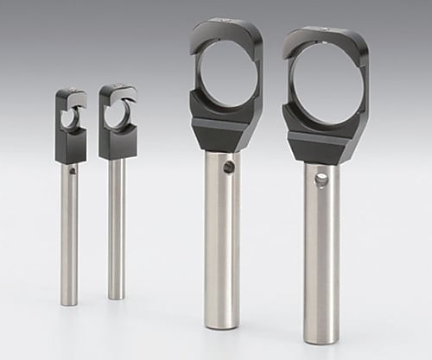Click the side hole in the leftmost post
[x=73, y=171]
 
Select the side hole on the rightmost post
[x=321, y=180]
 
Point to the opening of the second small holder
[x=116, y=115]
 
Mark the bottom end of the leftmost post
[x=69, y=302]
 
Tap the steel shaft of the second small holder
[x=116, y=224]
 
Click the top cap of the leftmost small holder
[x=71, y=94]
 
